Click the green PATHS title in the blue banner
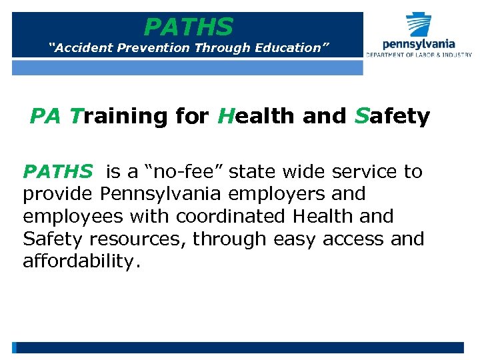189,27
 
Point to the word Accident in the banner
83,48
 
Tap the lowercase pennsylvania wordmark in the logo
419,44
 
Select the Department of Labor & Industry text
419,55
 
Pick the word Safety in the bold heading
392,116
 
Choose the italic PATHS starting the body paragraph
58,172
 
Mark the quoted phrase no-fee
181,172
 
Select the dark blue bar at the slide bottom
240,347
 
